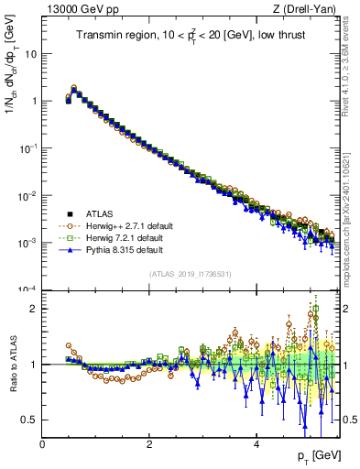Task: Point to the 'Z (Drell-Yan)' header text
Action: tap(307, 9)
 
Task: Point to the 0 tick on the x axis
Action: tap(43, 444)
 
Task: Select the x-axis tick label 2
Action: tap(149, 444)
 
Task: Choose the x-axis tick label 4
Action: tap(256, 444)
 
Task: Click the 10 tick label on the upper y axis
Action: tap(32, 53)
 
